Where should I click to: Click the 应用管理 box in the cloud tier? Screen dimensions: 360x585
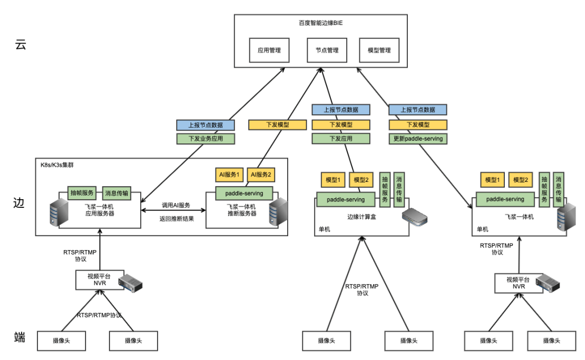(x=269, y=50)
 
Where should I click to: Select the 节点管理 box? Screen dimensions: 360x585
(x=327, y=50)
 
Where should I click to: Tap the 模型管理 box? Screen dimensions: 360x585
(x=379, y=50)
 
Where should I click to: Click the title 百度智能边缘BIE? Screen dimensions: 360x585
(x=321, y=23)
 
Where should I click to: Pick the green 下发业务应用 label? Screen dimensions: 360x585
(x=205, y=139)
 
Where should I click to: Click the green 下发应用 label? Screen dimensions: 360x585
(x=341, y=139)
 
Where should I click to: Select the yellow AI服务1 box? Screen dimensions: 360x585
(x=229, y=175)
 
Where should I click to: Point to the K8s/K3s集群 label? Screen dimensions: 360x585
(x=59, y=164)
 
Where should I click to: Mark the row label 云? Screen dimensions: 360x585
(x=21, y=45)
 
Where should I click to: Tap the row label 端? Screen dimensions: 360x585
(x=20, y=338)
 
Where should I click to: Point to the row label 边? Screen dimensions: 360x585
(x=19, y=204)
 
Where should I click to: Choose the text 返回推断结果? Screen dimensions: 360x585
(x=176, y=219)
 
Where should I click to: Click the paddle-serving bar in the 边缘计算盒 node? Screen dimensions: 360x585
(x=346, y=199)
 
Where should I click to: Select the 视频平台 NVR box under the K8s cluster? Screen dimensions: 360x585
(x=100, y=279)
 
